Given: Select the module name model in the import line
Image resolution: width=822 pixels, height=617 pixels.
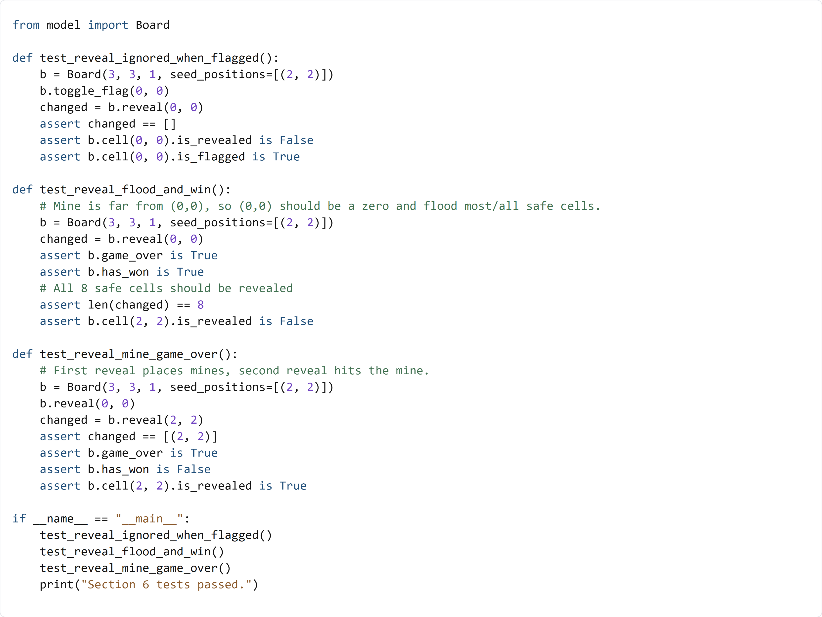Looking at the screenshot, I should [63, 25].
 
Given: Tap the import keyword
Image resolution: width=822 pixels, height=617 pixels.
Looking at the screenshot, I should [108, 25].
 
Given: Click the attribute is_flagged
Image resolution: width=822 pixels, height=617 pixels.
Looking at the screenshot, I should [211, 157].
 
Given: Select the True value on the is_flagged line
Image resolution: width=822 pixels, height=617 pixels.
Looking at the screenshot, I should [286, 157].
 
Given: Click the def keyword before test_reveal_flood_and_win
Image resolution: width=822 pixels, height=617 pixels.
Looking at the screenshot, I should [22, 190].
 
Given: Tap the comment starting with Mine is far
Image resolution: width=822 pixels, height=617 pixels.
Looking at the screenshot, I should [320, 206].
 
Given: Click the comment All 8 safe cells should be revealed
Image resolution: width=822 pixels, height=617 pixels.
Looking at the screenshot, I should [166, 288].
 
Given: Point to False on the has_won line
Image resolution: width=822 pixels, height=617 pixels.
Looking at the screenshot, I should [194, 469].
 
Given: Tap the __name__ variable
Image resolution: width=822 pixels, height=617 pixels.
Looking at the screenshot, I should [60, 519].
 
